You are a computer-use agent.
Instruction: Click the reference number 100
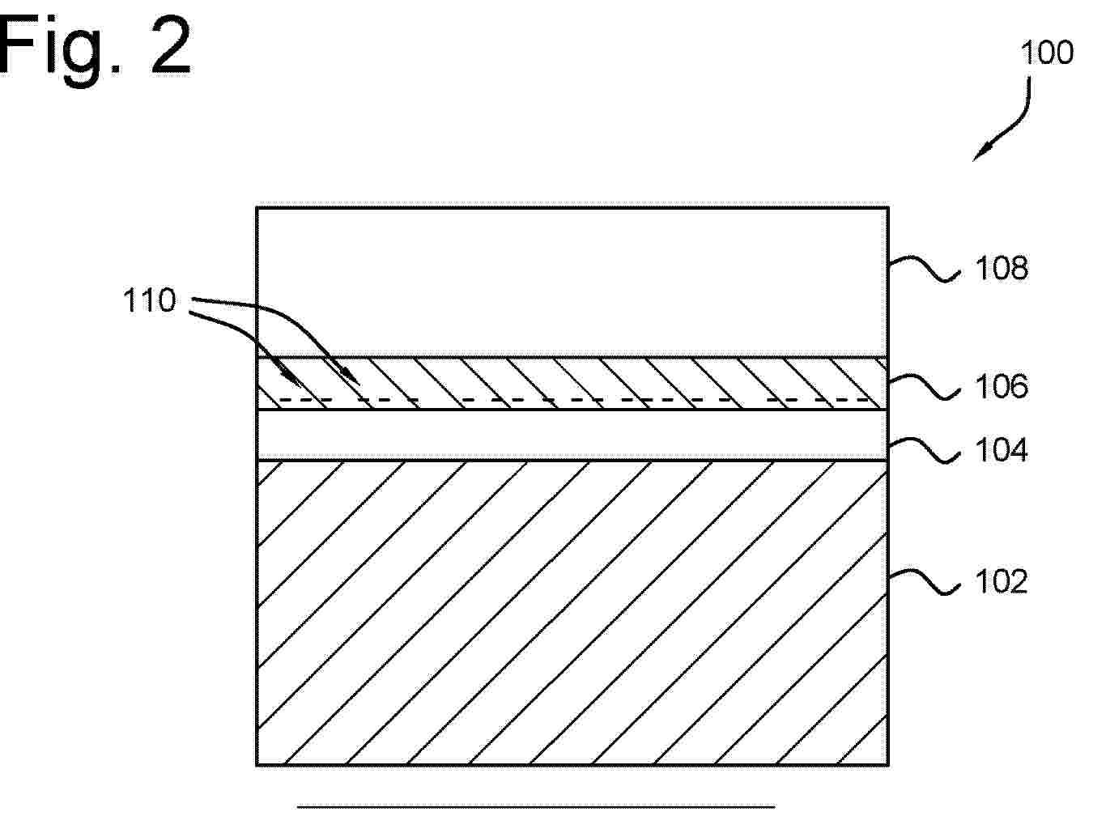point(1047,53)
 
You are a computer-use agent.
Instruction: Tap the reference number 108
point(1002,268)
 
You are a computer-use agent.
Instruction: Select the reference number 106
point(1002,387)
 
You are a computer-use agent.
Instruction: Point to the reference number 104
point(1002,450)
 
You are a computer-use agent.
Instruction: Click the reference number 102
point(1002,581)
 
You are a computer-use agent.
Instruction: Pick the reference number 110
point(150,300)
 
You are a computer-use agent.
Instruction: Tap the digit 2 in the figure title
point(172,45)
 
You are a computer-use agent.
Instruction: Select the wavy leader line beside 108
point(924,270)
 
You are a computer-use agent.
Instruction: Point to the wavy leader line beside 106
point(924,387)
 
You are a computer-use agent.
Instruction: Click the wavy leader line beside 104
point(924,451)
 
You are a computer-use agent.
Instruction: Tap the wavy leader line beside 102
point(924,581)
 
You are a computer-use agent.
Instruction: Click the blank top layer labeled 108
point(572,283)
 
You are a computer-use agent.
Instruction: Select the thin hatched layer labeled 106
point(572,384)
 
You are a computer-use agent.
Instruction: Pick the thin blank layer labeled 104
point(572,435)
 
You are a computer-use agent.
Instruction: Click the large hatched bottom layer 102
point(572,613)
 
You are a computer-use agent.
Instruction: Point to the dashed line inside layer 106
point(573,400)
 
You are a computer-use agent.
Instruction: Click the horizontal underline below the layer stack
point(536,806)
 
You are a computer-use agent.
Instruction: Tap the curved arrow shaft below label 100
point(1023,120)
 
